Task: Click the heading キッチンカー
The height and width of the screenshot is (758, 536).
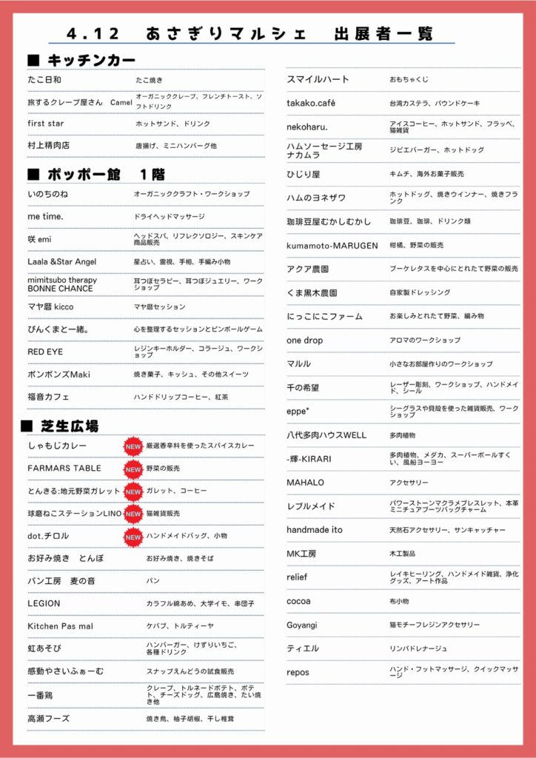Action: [91, 60]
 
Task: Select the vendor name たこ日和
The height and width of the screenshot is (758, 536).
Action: [44, 79]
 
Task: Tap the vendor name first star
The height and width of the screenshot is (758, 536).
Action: [46, 124]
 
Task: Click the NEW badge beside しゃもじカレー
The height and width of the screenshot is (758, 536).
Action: [133, 446]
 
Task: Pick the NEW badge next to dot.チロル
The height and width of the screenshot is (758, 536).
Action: [133, 536]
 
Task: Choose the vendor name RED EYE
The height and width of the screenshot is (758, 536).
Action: [46, 352]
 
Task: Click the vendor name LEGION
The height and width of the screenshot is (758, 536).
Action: [44, 603]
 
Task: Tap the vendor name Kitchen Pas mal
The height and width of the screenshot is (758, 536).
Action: [61, 626]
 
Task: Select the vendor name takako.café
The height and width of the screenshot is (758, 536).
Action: [311, 103]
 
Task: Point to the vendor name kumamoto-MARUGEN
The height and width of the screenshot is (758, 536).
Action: [332, 245]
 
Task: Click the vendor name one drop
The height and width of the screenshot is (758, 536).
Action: [305, 340]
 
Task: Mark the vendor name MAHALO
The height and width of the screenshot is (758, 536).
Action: [306, 483]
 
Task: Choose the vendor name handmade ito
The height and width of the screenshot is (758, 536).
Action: [315, 530]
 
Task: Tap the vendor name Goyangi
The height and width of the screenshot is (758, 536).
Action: [302, 625]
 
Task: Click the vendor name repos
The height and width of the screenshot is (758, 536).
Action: [298, 672]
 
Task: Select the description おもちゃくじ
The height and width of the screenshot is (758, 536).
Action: [409, 79]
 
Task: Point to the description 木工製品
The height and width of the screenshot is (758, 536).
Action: [403, 554]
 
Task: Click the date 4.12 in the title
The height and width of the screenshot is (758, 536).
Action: [92, 34]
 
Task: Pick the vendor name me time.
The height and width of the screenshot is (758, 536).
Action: [46, 216]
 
